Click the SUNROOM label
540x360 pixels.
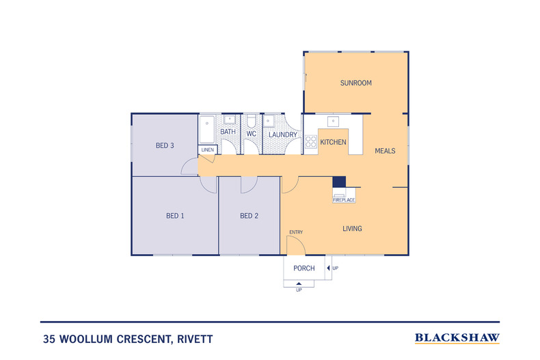355,83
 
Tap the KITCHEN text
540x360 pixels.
334,142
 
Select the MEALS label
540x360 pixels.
385,151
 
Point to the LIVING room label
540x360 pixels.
352,229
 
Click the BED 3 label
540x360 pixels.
165,146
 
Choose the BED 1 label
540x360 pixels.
175,216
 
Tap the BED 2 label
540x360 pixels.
249,216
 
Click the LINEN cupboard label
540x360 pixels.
207,150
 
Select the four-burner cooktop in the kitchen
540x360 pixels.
311,142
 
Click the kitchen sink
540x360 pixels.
333,122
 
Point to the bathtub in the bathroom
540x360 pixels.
207,128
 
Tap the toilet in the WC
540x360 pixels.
251,122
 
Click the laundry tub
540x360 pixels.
269,121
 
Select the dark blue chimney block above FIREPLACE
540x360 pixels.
339,182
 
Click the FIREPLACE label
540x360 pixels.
343,200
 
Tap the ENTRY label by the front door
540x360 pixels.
296,232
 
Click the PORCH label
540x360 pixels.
304,268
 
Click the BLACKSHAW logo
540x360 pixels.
457,338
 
